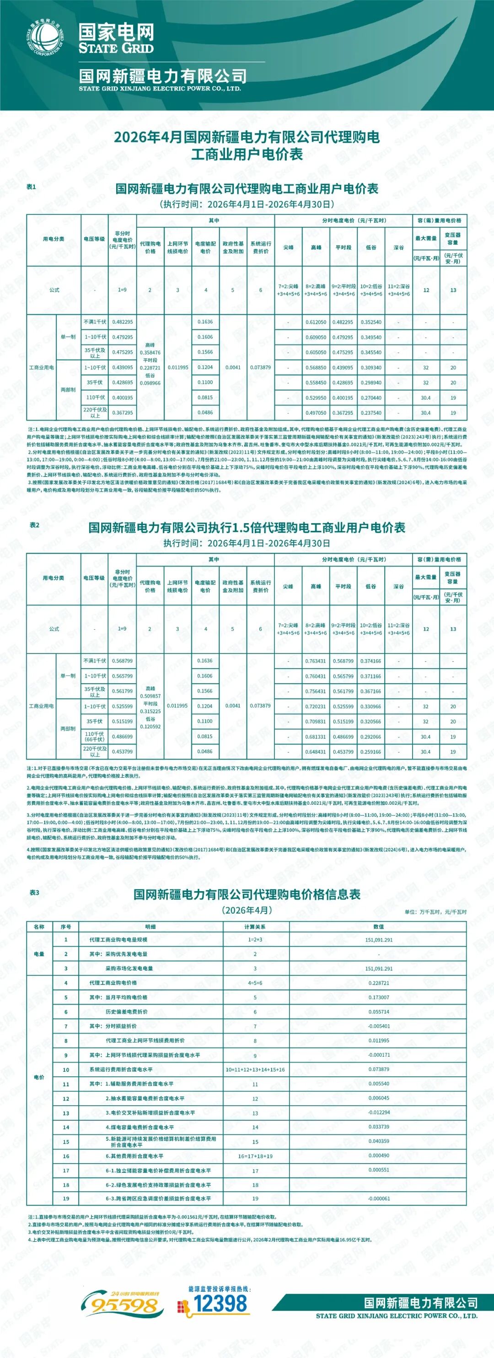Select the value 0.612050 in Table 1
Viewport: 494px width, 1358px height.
pos(316,322)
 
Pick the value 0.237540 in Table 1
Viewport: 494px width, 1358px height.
pos(370,413)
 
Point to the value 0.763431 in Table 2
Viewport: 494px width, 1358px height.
pos(315,661)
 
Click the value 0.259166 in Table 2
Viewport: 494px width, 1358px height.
pos(370,752)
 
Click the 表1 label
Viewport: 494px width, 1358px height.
pos(32,187)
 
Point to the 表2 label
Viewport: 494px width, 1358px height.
pos(34,525)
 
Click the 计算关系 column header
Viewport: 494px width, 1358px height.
pos(255,926)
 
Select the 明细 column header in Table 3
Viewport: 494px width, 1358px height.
pos(150,926)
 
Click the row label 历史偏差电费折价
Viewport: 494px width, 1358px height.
pos(127,1012)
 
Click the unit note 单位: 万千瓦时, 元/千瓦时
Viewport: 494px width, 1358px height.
pos(435,911)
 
